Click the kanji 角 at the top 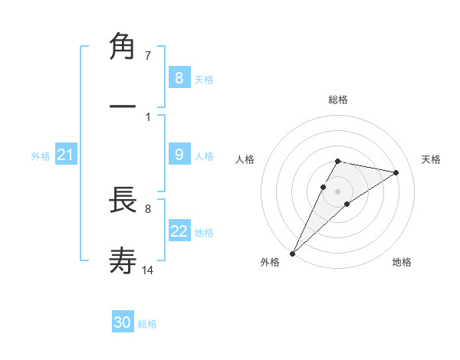[x=123, y=47]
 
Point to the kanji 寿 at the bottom [x=123, y=261]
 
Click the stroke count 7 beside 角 [x=147, y=56]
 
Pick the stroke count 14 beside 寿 [x=148, y=270]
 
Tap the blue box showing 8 [x=179, y=77]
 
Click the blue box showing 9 [x=179, y=155]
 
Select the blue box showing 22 [x=179, y=231]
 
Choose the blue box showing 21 [x=65, y=155]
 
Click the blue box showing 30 [x=123, y=322]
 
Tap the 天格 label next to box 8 [x=204, y=79]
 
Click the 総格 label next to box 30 [x=147, y=324]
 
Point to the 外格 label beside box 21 [x=41, y=156]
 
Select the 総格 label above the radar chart [x=338, y=100]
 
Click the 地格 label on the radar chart [x=402, y=263]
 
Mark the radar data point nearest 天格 [x=396, y=172]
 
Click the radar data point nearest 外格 [x=292, y=253]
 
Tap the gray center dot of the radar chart [x=338, y=191]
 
